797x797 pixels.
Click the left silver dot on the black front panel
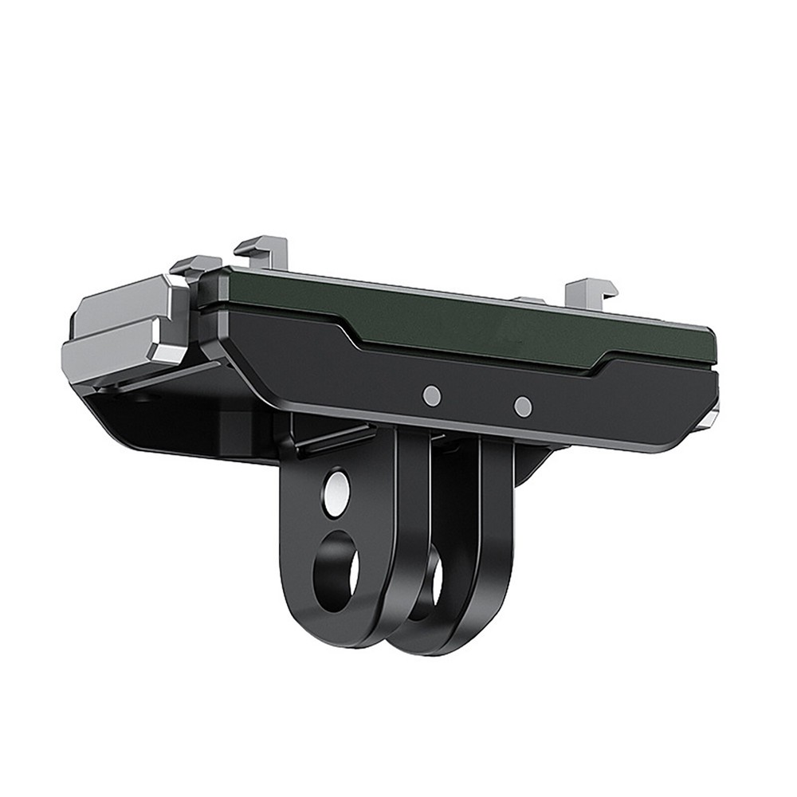click(431, 395)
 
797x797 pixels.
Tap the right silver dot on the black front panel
click(523, 406)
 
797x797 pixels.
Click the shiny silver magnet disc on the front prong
click(336, 488)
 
